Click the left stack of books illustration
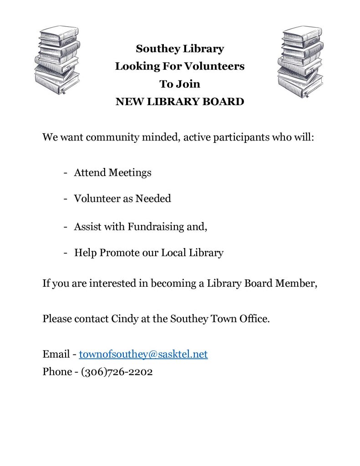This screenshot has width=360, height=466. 57,60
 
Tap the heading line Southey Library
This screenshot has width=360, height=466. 180,49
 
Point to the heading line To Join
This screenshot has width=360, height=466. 180,84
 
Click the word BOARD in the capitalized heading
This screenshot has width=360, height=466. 226,101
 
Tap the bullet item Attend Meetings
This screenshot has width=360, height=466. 112,173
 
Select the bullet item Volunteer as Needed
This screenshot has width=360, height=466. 122,199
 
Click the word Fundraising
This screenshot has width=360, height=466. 155,226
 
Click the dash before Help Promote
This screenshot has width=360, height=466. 66,253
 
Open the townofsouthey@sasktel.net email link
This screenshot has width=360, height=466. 143,355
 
